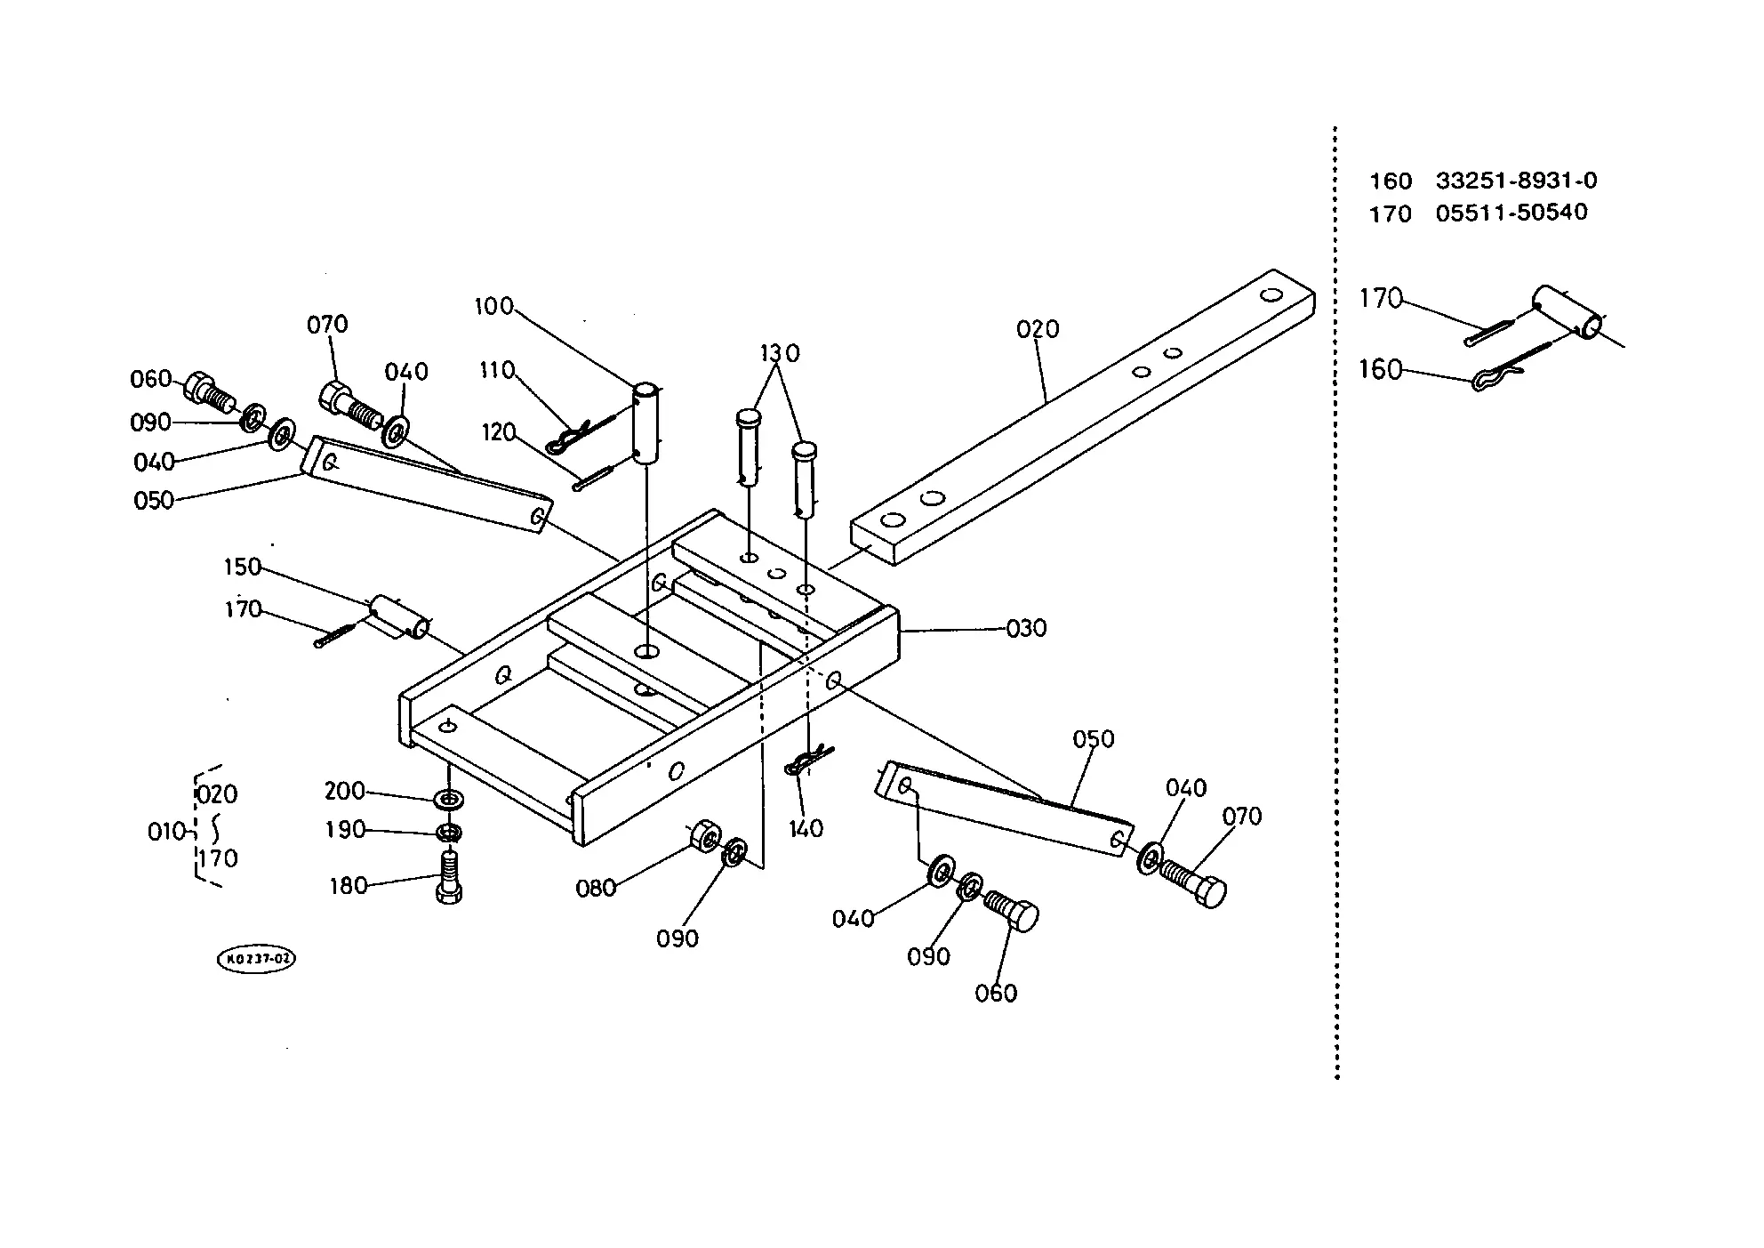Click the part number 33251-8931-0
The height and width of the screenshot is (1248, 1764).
(1516, 181)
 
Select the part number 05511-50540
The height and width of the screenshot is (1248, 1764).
(1511, 213)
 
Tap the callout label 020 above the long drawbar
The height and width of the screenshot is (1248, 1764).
(1038, 329)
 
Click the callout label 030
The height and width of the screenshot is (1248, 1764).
(1026, 628)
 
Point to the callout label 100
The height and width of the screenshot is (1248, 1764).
(494, 306)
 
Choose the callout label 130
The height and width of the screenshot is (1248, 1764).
(780, 353)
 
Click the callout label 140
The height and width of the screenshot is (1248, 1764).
(806, 828)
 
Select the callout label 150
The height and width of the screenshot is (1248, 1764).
(242, 567)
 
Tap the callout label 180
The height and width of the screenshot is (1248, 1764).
(348, 885)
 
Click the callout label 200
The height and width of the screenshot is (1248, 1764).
(345, 791)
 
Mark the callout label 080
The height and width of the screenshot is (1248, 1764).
(596, 888)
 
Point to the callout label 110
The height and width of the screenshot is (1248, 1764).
(497, 369)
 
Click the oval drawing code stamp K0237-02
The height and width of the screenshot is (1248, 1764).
(256, 959)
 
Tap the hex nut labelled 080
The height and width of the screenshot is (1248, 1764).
(704, 835)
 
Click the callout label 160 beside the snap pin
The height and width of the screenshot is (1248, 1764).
(1380, 369)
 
